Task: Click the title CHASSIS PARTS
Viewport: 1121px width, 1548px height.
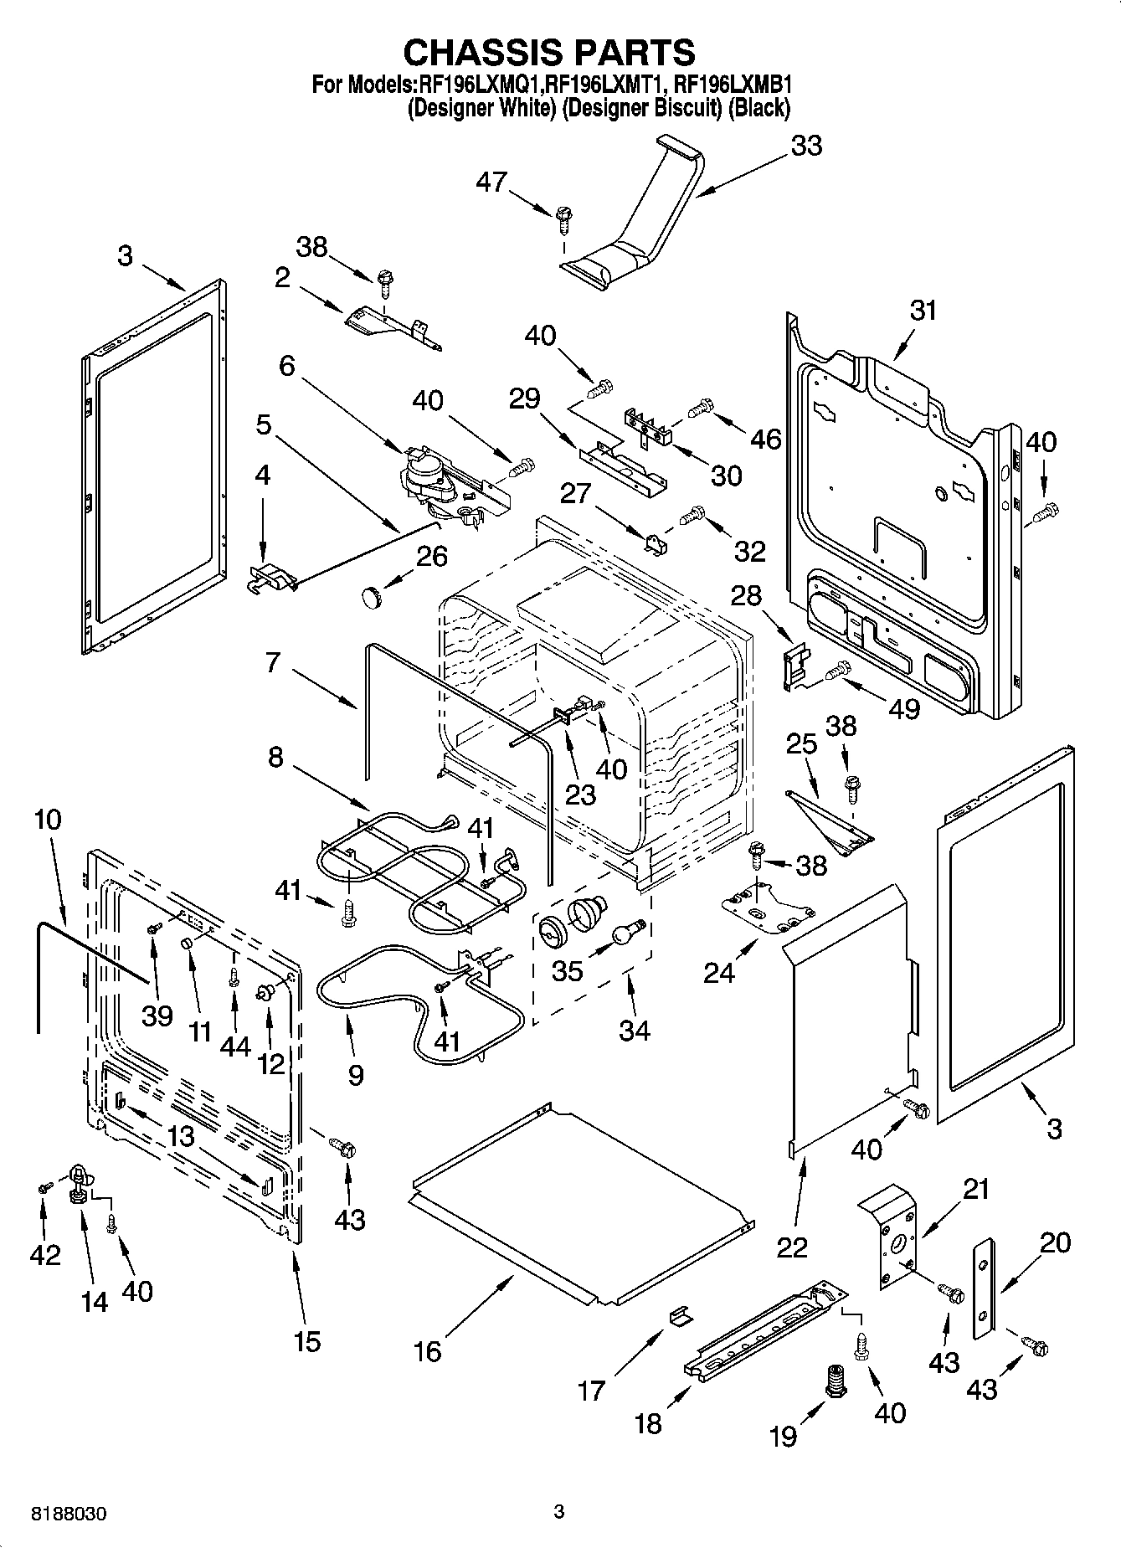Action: pyautogui.click(x=549, y=52)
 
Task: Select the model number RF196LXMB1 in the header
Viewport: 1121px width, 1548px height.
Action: pyautogui.click(x=733, y=85)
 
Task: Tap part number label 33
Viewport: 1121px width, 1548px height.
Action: pyautogui.click(x=806, y=146)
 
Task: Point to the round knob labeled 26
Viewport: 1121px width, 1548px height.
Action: pyautogui.click(x=370, y=597)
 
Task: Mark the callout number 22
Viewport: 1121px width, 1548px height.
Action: pyautogui.click(x=792, y=1247)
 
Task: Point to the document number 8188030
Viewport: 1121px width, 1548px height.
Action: pyautogui.click(x=69, y=1514)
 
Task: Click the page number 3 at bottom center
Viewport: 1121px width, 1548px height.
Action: pyautogui.click(x=559, y=1511)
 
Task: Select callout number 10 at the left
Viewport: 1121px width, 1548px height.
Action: pyautogui.click(x=48, y=819)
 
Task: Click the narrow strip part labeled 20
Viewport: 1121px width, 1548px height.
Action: pyautogui.click(x=984, y=1293)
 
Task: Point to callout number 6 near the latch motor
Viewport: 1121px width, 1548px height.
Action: pyautogui.click(x=287, y=366)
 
